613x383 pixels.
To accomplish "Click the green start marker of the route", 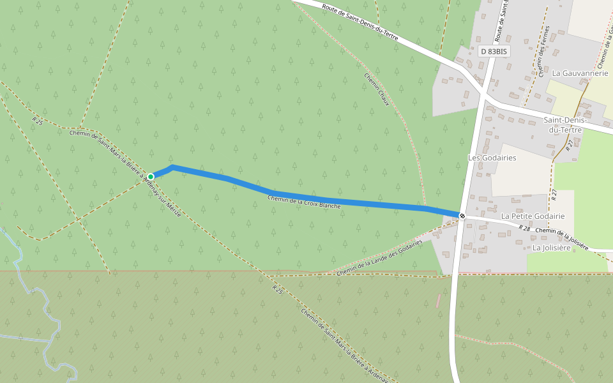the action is tap(151, 177).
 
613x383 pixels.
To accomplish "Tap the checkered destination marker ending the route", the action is tap(462, 215).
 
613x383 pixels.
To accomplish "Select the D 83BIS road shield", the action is tap(494, 51).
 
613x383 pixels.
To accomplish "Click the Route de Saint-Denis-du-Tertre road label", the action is tap(360, 23).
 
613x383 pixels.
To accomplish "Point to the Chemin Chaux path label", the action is tap(377, 89).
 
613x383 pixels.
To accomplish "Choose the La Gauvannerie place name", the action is tap(580, 73).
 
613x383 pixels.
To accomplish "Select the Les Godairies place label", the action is tap(492, 158).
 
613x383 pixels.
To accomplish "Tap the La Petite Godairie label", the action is tap(533, 216).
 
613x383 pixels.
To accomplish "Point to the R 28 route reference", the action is tap(524, 227).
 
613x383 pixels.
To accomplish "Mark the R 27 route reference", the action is tap(554, 193).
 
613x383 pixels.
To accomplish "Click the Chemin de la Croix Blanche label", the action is tap(304, 202).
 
